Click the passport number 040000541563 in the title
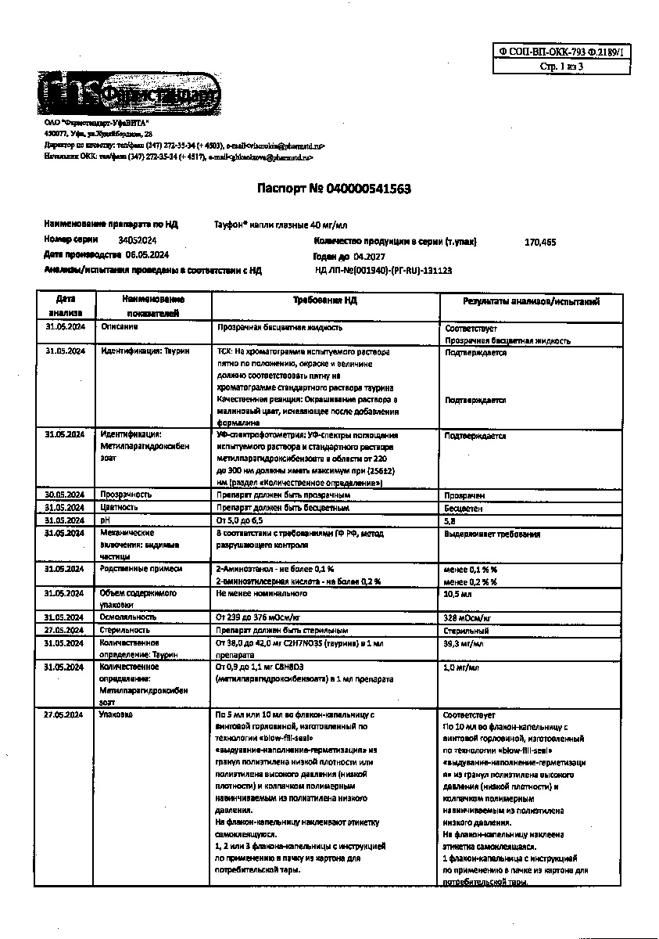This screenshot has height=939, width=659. pyautogui.click(x=369, y=189)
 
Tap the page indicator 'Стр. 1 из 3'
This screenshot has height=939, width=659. pyautogui.click(x=561, y=67)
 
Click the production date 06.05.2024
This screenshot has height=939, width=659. pyautogui.click(x=148, y=255)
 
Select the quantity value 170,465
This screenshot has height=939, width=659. pyautogui.click(x=540, y=243)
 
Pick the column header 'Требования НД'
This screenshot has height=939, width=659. pyautogui.click(x=325, y=300)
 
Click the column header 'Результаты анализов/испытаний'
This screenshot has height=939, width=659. pyautogui.click(x=531, y=301)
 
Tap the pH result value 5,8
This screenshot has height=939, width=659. pyautogui.click(x=449, y=520)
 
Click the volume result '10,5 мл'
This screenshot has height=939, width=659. pyautogui.click(x=456, y=595)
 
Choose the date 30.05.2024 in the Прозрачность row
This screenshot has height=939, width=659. pyautogui.click(x=65, y=495)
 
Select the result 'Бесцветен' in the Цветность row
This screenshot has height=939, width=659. pyautogui.click(x=464, y=508)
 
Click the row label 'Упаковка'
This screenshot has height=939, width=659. pyautogui.click(x=116, y=714)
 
